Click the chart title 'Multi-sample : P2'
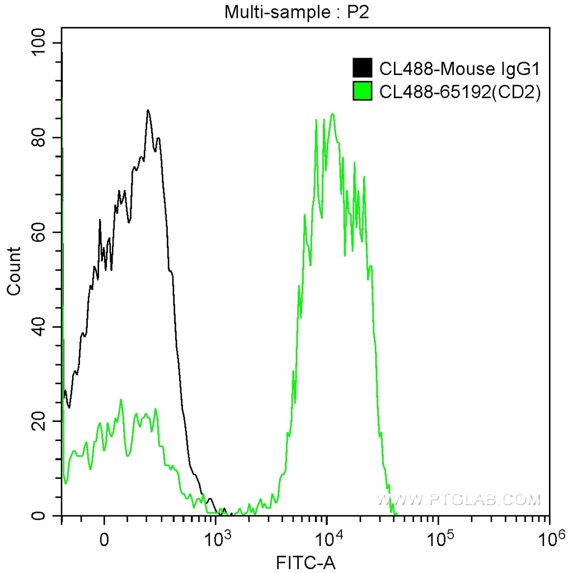click(297, 12)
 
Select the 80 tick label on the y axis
click(40, 138)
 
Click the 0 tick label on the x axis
click(104, 541)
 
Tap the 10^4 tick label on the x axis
click(328, 539)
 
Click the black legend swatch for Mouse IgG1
click(363, 68)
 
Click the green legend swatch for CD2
click(363, 91)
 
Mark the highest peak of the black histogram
click(148, 110)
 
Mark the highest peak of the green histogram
click(332, 114)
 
